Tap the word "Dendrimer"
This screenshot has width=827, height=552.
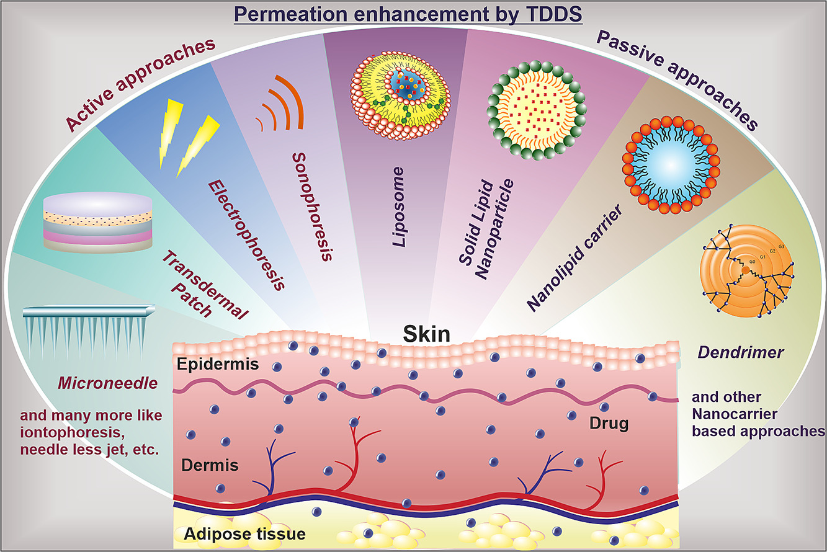pos(740,352)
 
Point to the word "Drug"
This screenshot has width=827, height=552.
pos(609,424)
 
